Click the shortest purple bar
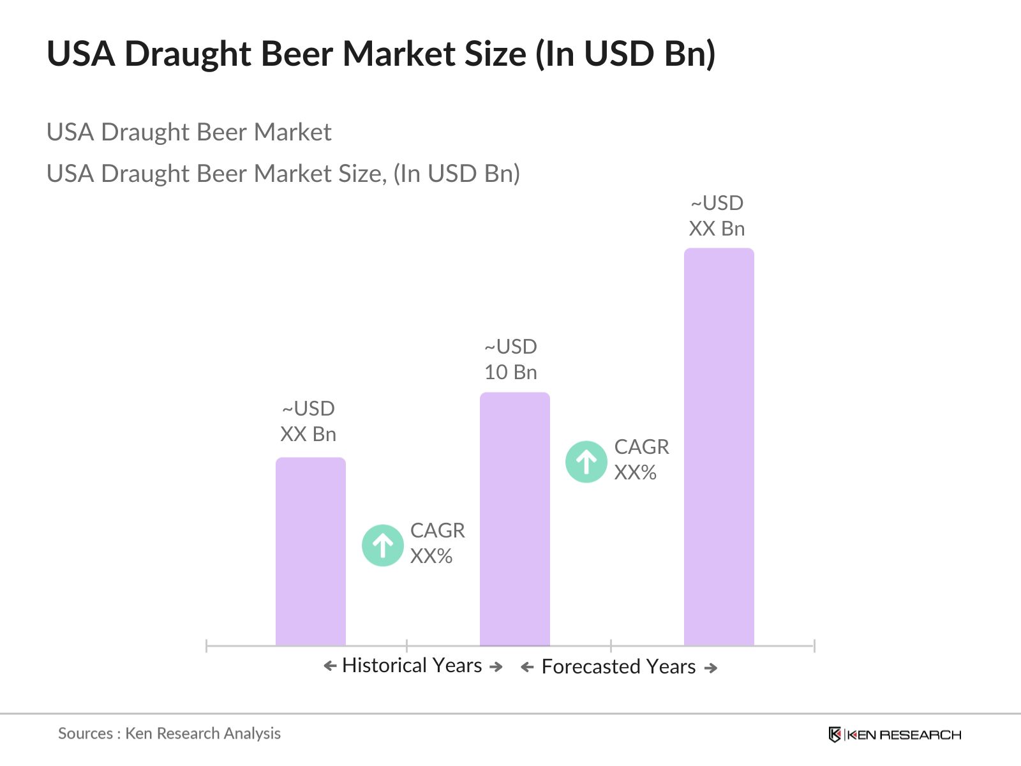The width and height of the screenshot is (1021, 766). coord(311,552)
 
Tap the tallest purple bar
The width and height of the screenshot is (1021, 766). coord(719,447)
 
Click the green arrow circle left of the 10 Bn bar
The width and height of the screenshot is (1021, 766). coord(383,545)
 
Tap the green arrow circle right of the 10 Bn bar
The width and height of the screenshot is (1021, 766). coord(586,462)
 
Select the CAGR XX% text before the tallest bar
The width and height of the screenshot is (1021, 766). coord(641,460)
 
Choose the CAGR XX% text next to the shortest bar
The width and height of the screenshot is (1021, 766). coord(437,543)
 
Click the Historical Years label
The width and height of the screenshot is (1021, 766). coord(412,666)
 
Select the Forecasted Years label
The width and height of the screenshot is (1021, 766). coord(618,667)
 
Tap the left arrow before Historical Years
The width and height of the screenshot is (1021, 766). coord(330,666)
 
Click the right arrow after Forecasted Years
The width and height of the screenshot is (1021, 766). coord(711,668)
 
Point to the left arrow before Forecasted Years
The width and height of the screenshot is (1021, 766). coord(527,668)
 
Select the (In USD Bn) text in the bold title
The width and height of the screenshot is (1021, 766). coord(625,54)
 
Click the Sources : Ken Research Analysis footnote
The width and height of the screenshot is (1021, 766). coord(169,733)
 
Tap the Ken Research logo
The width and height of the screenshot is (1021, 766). coord(895,735)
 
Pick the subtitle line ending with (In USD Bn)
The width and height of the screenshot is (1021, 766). coord(283,174)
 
